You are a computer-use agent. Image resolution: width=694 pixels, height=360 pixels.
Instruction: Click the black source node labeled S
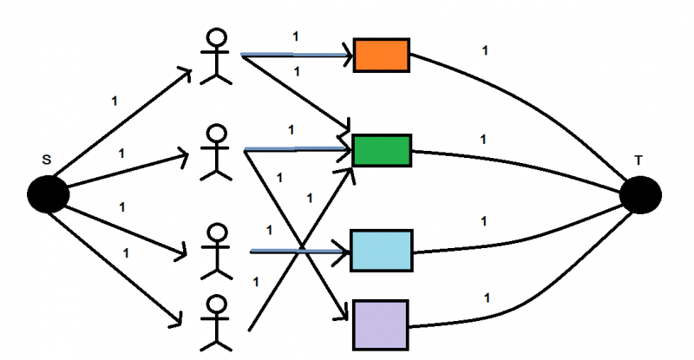49,194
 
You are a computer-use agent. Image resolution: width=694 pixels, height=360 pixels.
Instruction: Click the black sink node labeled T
641,194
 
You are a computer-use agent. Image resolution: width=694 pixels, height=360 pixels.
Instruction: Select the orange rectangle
381,56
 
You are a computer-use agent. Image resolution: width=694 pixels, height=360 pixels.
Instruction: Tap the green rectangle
382,150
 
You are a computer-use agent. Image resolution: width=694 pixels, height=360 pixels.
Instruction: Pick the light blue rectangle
381,250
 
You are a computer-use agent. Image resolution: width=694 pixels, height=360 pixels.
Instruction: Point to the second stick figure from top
217,153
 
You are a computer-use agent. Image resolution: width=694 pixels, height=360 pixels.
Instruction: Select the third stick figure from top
217,252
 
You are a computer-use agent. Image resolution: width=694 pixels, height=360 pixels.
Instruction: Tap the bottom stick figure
217,323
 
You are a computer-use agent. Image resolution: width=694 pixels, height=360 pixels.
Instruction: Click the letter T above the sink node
638,160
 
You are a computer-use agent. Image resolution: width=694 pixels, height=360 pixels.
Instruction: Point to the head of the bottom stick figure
217,304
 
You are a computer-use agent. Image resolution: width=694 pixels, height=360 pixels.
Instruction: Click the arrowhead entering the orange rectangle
348,56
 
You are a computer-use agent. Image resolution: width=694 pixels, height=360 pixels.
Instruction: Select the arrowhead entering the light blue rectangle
344,252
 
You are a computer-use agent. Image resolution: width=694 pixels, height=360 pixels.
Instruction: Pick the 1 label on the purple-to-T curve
486,298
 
